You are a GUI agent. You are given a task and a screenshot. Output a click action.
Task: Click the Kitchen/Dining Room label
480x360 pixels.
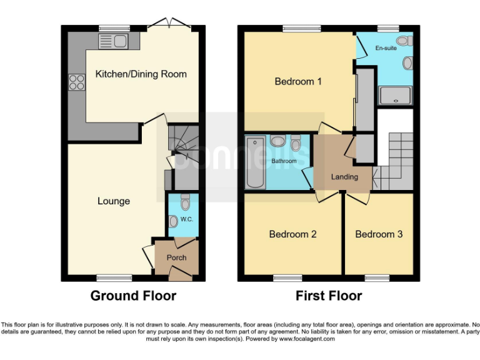pyautogui.click(x=141, y=74)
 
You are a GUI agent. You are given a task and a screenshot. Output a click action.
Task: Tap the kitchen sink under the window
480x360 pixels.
pyautogui.click(x=113, y=42)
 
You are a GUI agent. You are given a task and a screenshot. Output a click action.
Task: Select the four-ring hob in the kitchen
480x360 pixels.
pyautogui.click(x=77, y=81)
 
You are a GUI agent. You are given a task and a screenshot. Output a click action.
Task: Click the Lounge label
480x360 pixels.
pyautogui.click(x=114, y=201)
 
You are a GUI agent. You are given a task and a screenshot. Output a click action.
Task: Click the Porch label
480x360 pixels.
pyautogui.click(x=176, y=257)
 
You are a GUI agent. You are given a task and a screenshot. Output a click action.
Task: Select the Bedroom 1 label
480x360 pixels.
pyautogui.click(x=298, y=81)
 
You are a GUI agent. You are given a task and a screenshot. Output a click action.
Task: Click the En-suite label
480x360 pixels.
pyautogui.click(x=386, y=47)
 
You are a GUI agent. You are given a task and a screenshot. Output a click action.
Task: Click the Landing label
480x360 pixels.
pyautogui.click(x=344, y=177)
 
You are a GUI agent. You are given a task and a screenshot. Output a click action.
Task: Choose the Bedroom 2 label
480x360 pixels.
pyautogui.click(x=292, y=234)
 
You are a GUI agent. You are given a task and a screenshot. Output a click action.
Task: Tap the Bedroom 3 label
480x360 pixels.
pyautogui.click(x=379, y=234)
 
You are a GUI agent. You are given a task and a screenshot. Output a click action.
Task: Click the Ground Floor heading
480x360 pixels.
pyautogui.click(x=133, y=296)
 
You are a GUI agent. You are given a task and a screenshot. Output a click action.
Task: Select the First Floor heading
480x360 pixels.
pyautogui.click(x=329, y=296)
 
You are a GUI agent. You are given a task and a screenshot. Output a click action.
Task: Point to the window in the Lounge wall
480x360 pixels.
pyautogui.click(x=114, y=277)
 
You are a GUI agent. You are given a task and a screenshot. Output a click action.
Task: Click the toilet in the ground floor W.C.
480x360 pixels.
pyautogui.click(x=185, y=202)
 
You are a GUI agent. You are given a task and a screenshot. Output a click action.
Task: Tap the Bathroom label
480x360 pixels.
pyautogui.click(x=284, y=161)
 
